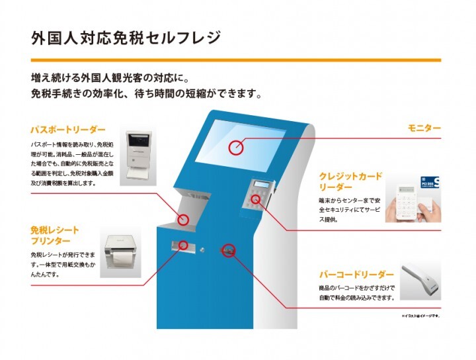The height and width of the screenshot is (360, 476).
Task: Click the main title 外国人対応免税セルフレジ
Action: tap(126, 38)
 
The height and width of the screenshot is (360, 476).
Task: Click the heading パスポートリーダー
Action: tap(67, 130)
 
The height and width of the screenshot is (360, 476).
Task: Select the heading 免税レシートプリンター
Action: tap(54, 236)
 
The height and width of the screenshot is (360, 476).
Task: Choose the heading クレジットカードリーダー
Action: tap(350, 181)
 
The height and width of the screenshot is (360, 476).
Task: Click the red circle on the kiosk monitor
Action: tap(236, 147)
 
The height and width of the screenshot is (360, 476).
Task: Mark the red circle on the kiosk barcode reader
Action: tap(229, 251)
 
